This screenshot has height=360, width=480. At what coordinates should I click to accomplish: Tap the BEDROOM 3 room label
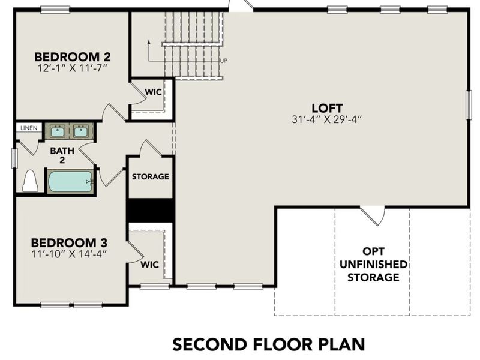click(x=69, y=242)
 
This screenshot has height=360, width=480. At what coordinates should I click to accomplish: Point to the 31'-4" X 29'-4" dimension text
click(x=327, y=119)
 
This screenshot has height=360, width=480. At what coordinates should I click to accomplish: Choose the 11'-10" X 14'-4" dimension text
click(x=69, y=253)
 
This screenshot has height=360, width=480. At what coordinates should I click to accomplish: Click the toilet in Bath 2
click(x=30, y=181)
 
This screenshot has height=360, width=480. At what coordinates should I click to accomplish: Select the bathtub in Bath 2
click(x=70, y=181)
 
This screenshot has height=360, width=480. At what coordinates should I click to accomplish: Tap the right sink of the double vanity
click(x=80, y=131)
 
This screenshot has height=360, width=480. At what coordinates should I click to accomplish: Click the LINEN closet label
click(x=28, y=128)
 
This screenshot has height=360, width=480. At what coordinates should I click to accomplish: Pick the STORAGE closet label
click(x=151, y=177)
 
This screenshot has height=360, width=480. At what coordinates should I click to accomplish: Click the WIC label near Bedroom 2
click(x=154, y=92)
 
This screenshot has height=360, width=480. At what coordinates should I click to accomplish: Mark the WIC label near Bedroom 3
click(x=149, y=264)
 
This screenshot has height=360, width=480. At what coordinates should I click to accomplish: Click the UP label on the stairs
click(x=223, y=61)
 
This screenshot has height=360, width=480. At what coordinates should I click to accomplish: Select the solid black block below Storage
click(x=151, y=210)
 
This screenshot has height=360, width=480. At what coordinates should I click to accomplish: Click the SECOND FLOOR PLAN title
click(x=268, y=344)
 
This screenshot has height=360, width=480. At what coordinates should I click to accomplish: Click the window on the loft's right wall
click(x=468, y=104)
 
